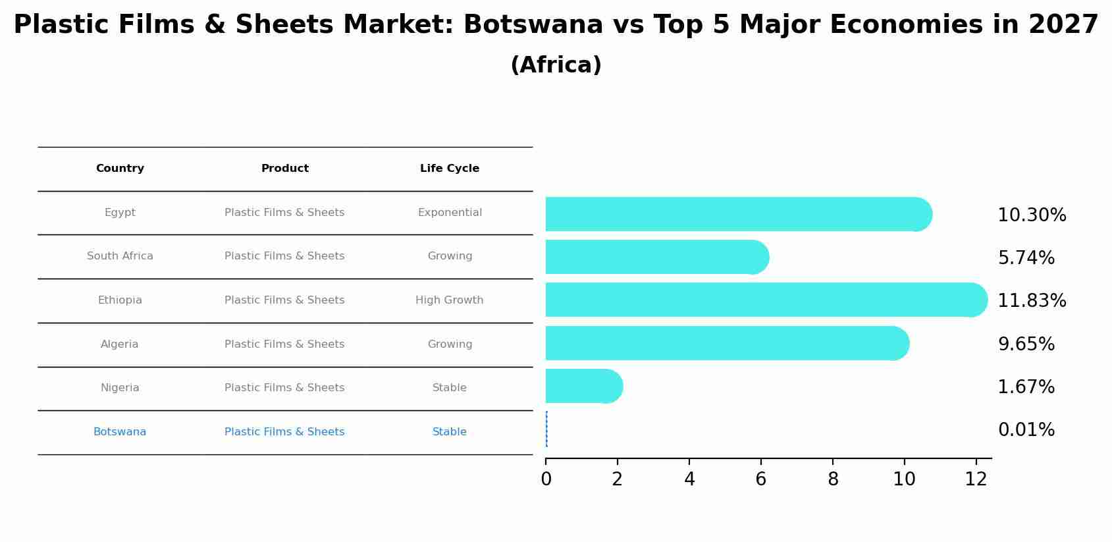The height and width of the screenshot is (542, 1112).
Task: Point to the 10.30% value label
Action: [1032, 215]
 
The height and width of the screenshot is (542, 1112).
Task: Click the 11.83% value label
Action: [1032, 301]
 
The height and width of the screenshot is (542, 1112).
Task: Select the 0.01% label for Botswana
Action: [1026, 430]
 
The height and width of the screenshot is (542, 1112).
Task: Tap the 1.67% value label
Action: [1026, 387]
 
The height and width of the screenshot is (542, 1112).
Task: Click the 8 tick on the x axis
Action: [833, 479]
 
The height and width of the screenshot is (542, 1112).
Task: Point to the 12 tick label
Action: [976, 479]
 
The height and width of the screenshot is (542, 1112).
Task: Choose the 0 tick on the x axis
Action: [546, 479]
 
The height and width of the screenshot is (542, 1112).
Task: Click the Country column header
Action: [120, 169]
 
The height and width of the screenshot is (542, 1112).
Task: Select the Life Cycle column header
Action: [450, 169]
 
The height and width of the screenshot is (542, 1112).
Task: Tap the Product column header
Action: [284, 169]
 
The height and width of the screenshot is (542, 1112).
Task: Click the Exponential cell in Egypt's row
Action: [450, 213]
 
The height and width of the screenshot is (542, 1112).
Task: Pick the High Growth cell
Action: [449, 300]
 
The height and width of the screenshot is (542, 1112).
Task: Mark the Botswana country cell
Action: [120, 432]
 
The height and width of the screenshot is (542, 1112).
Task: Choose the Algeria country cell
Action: [120, 344]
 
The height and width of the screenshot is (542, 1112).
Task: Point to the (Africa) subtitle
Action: [556, 65]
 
